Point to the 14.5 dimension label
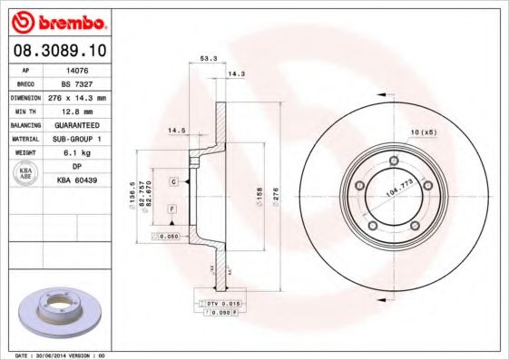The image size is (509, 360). tap(176, 131)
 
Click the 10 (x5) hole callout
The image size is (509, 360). tap(423, 133)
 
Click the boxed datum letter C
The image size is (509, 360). tap(172, 182)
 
